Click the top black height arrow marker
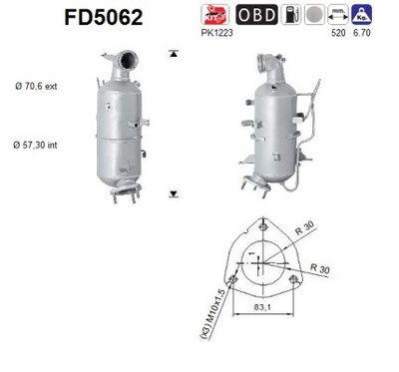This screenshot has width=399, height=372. [x=174, y=52]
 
